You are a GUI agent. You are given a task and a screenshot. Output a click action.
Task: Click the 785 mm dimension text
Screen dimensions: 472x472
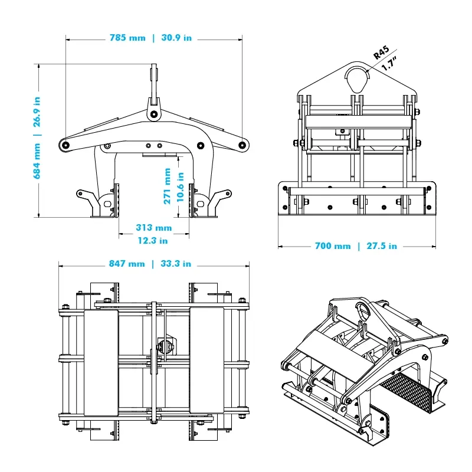tap(127, 38)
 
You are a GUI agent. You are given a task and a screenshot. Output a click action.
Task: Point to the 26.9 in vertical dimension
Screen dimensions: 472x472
tap(37, 112)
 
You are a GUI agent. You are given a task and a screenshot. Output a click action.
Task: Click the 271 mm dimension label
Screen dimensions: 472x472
tap(168, 186)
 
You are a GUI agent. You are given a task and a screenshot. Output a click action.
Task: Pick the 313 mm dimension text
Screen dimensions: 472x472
tap(153, 228)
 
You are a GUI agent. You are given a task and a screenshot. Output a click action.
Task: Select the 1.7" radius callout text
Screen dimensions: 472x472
tap(389, 64)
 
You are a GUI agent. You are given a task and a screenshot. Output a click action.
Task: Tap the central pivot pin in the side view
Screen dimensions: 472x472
tap(153, 114)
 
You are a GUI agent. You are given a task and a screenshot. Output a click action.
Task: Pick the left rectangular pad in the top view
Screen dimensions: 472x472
tap(101, 360)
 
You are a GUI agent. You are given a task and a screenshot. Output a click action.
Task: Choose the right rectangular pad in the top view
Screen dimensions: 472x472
tap(207, 360)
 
